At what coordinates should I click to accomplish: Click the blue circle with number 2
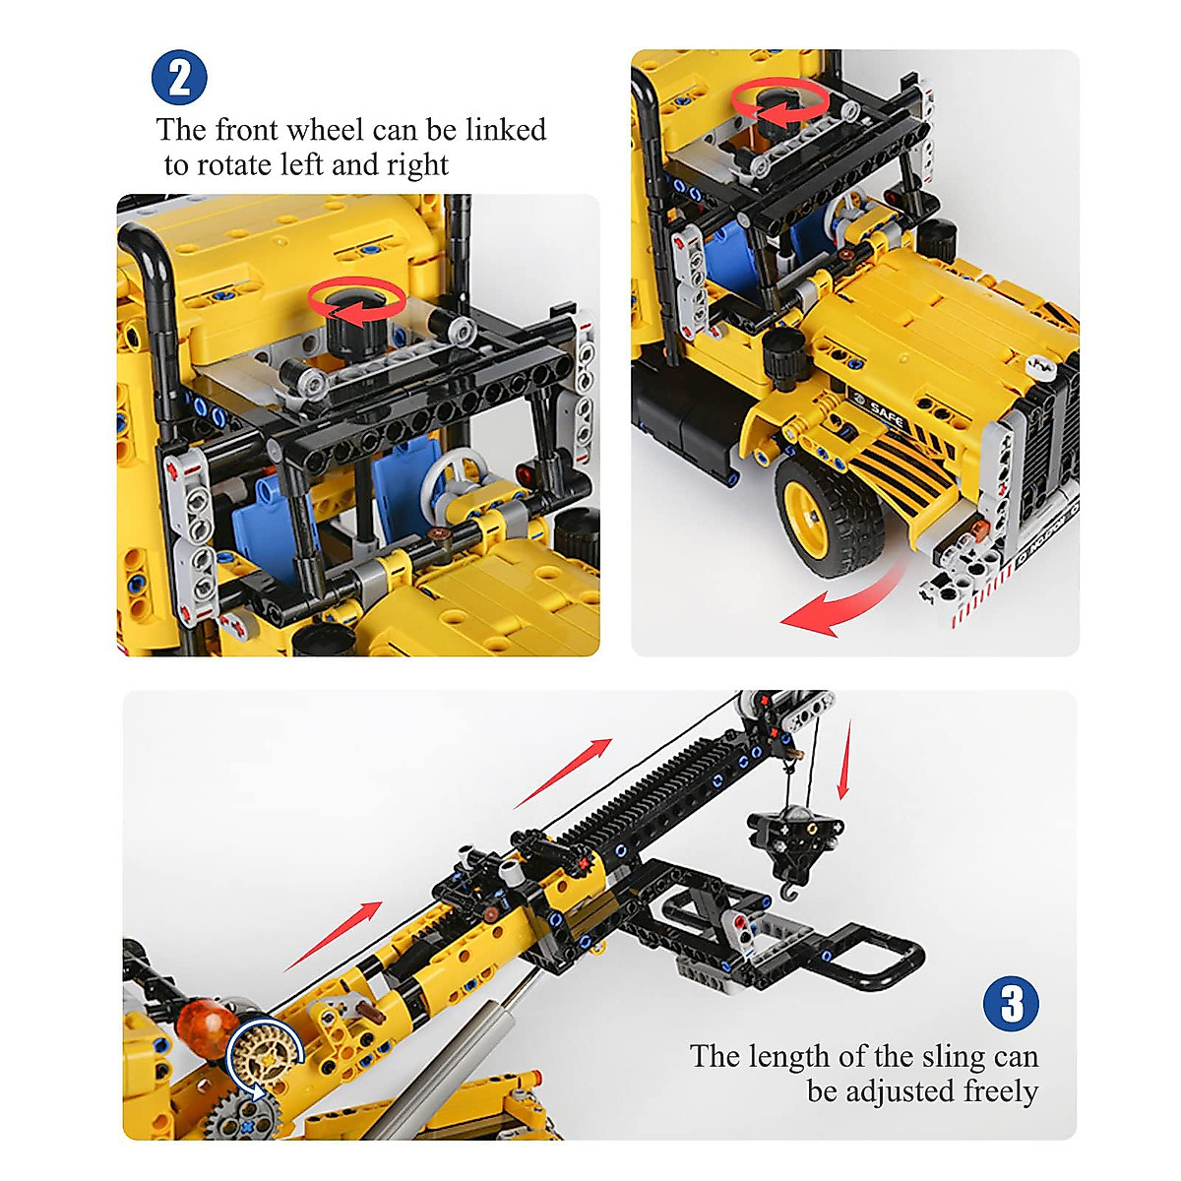click(x=179, y=78)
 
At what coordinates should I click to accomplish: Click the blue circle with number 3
click(x=1011, y=1004)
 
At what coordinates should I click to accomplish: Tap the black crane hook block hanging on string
click(x=795, y=837)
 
